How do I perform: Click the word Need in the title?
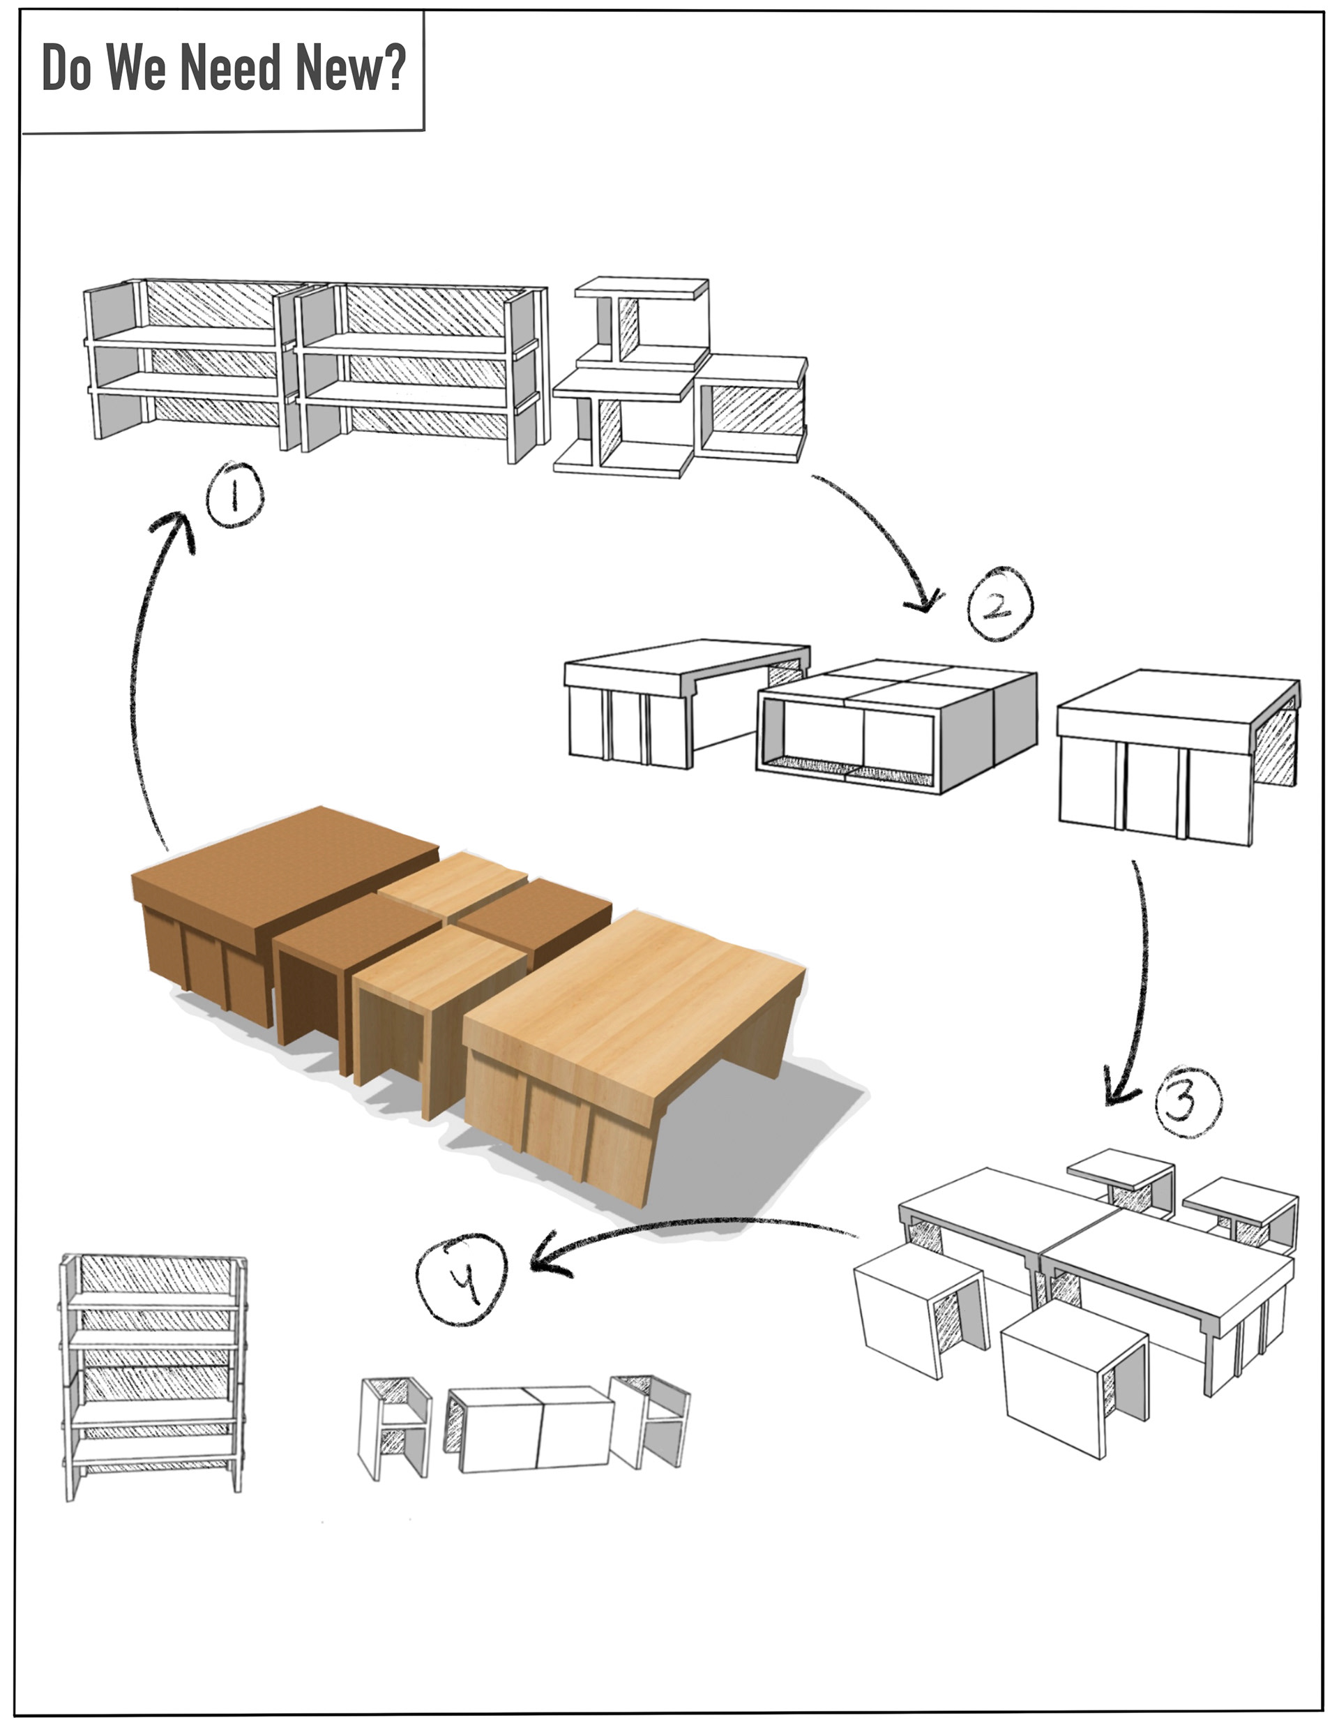pyautogui.click(x=236, y=68)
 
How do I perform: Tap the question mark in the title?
pyautogui.click(x=391, y=68)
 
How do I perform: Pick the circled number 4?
pyautogui.click(x=462, y=1279)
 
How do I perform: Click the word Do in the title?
pyautogui.click(x=66, y=68)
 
